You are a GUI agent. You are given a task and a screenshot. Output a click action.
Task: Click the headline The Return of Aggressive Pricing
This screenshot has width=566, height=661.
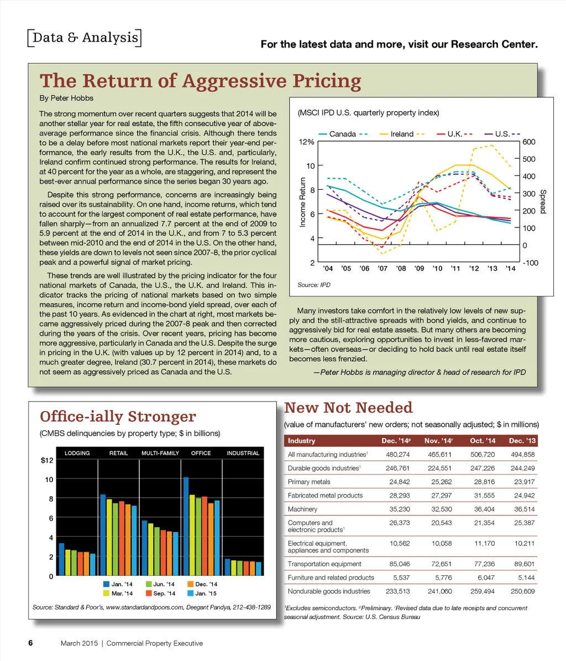pyautogui.click(x=200, y=81)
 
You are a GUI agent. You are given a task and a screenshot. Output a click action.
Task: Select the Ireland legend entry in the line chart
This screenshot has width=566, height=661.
pyautogui.click(x=402, y=134)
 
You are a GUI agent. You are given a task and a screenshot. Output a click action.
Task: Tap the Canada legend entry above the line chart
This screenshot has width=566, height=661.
pyautogui.click(x=342, y=134)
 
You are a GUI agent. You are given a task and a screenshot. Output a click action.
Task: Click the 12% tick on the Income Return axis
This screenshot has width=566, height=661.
pyautogui.click(x=307, y=142)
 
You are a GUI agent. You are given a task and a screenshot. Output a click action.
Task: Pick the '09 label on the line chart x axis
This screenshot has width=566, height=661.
pyautogui.click(x=418, y=268)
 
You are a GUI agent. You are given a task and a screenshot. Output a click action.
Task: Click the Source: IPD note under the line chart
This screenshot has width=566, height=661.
pyautogui.click(x=313, y=285)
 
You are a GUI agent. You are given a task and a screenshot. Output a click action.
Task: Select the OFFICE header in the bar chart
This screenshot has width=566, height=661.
pyautogui.click(x=201, y=453)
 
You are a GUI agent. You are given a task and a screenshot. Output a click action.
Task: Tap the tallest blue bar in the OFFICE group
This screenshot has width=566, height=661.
pyautogui.click(x=186, y=526)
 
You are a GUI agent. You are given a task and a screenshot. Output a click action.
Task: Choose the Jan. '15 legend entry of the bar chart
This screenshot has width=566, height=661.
pyautogui.click(x=202, y=594)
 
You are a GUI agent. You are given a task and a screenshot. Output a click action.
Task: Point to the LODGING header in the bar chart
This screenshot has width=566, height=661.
pyautogui.click(x=77, y=453)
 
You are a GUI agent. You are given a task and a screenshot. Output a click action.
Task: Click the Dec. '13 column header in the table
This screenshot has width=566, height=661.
pyautogui.click(x=521, y=441)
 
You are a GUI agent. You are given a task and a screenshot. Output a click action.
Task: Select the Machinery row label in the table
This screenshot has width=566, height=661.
pyautogui.click(x=302, y=509)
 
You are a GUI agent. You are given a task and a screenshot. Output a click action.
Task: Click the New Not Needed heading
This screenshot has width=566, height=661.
pyautogui.click(x=348, y=408)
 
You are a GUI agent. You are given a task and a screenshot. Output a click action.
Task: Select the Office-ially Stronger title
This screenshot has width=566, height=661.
pyautogui.click(x=118, y=417)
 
